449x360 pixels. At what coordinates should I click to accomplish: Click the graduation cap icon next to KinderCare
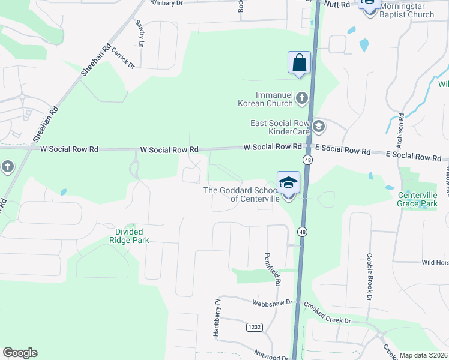318,125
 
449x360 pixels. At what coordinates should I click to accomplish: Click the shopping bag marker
299,62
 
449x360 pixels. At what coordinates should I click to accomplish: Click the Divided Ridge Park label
132,235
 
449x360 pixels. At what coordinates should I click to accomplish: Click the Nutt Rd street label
337,4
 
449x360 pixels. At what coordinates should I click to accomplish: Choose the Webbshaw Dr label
272,303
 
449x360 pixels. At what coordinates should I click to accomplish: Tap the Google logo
20,353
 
